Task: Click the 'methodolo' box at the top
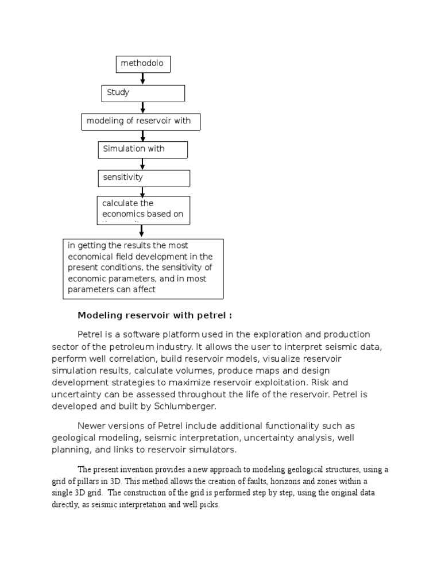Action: [x=143, y=64]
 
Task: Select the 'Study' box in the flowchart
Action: [x=143, y=93]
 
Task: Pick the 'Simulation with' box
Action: [x=142, y=149]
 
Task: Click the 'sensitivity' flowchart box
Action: [x=144, y=178]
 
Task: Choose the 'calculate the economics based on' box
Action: [x=144, y=210]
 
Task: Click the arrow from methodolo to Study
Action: [x=143, y=79]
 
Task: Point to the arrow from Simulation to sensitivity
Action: [x=143, y=164]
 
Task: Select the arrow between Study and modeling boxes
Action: [x=143, y=107]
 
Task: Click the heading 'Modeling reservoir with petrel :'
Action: [x=155, y=316]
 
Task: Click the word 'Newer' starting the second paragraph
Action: [x=92, y=425]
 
